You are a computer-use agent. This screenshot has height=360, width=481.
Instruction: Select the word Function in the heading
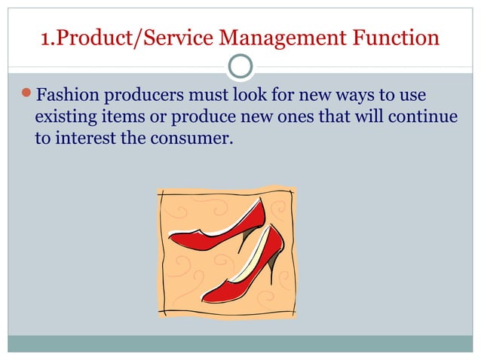pyautogui.click(x=406, y=37)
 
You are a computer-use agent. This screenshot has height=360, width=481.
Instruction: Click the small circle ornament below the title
pyautogui.click(x=240, y=66)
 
